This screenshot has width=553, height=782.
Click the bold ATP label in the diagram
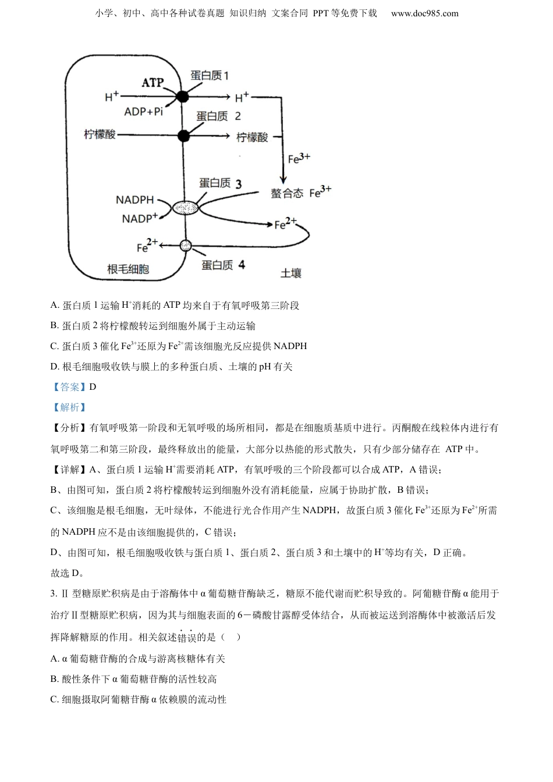coord(153,83)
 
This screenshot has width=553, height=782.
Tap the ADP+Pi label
coord(143,111)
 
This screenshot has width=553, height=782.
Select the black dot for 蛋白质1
coord(183,97)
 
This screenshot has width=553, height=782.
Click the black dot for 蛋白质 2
coord(183,136)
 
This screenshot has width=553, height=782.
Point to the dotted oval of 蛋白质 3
coord(185,207)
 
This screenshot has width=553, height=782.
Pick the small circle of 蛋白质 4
coord(185,246)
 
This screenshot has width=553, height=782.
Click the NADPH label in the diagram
coord(134,200)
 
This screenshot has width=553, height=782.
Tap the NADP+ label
coord(140,219)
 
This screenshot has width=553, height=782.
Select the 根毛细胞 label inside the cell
coord(128,268)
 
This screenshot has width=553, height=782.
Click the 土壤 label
coord(291,272)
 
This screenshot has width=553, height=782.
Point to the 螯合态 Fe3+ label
coord(300,192)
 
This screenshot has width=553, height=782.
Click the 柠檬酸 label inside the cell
coord(100,134)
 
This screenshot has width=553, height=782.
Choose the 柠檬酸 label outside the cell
coord(252,137)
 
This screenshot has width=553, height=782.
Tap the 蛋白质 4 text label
coord(223,265)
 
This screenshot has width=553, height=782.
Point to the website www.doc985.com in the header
coord(424,13)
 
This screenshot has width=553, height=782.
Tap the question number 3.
coord(54,594)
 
